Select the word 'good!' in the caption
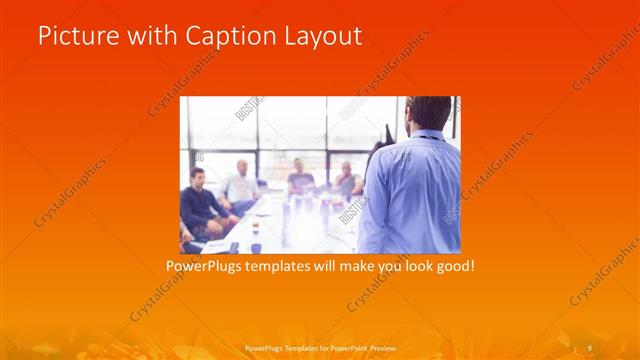point(451,267)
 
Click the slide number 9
point(589,347)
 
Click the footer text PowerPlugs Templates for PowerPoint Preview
point(320,347)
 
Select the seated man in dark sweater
point(199,200)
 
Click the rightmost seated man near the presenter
point(348,180)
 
